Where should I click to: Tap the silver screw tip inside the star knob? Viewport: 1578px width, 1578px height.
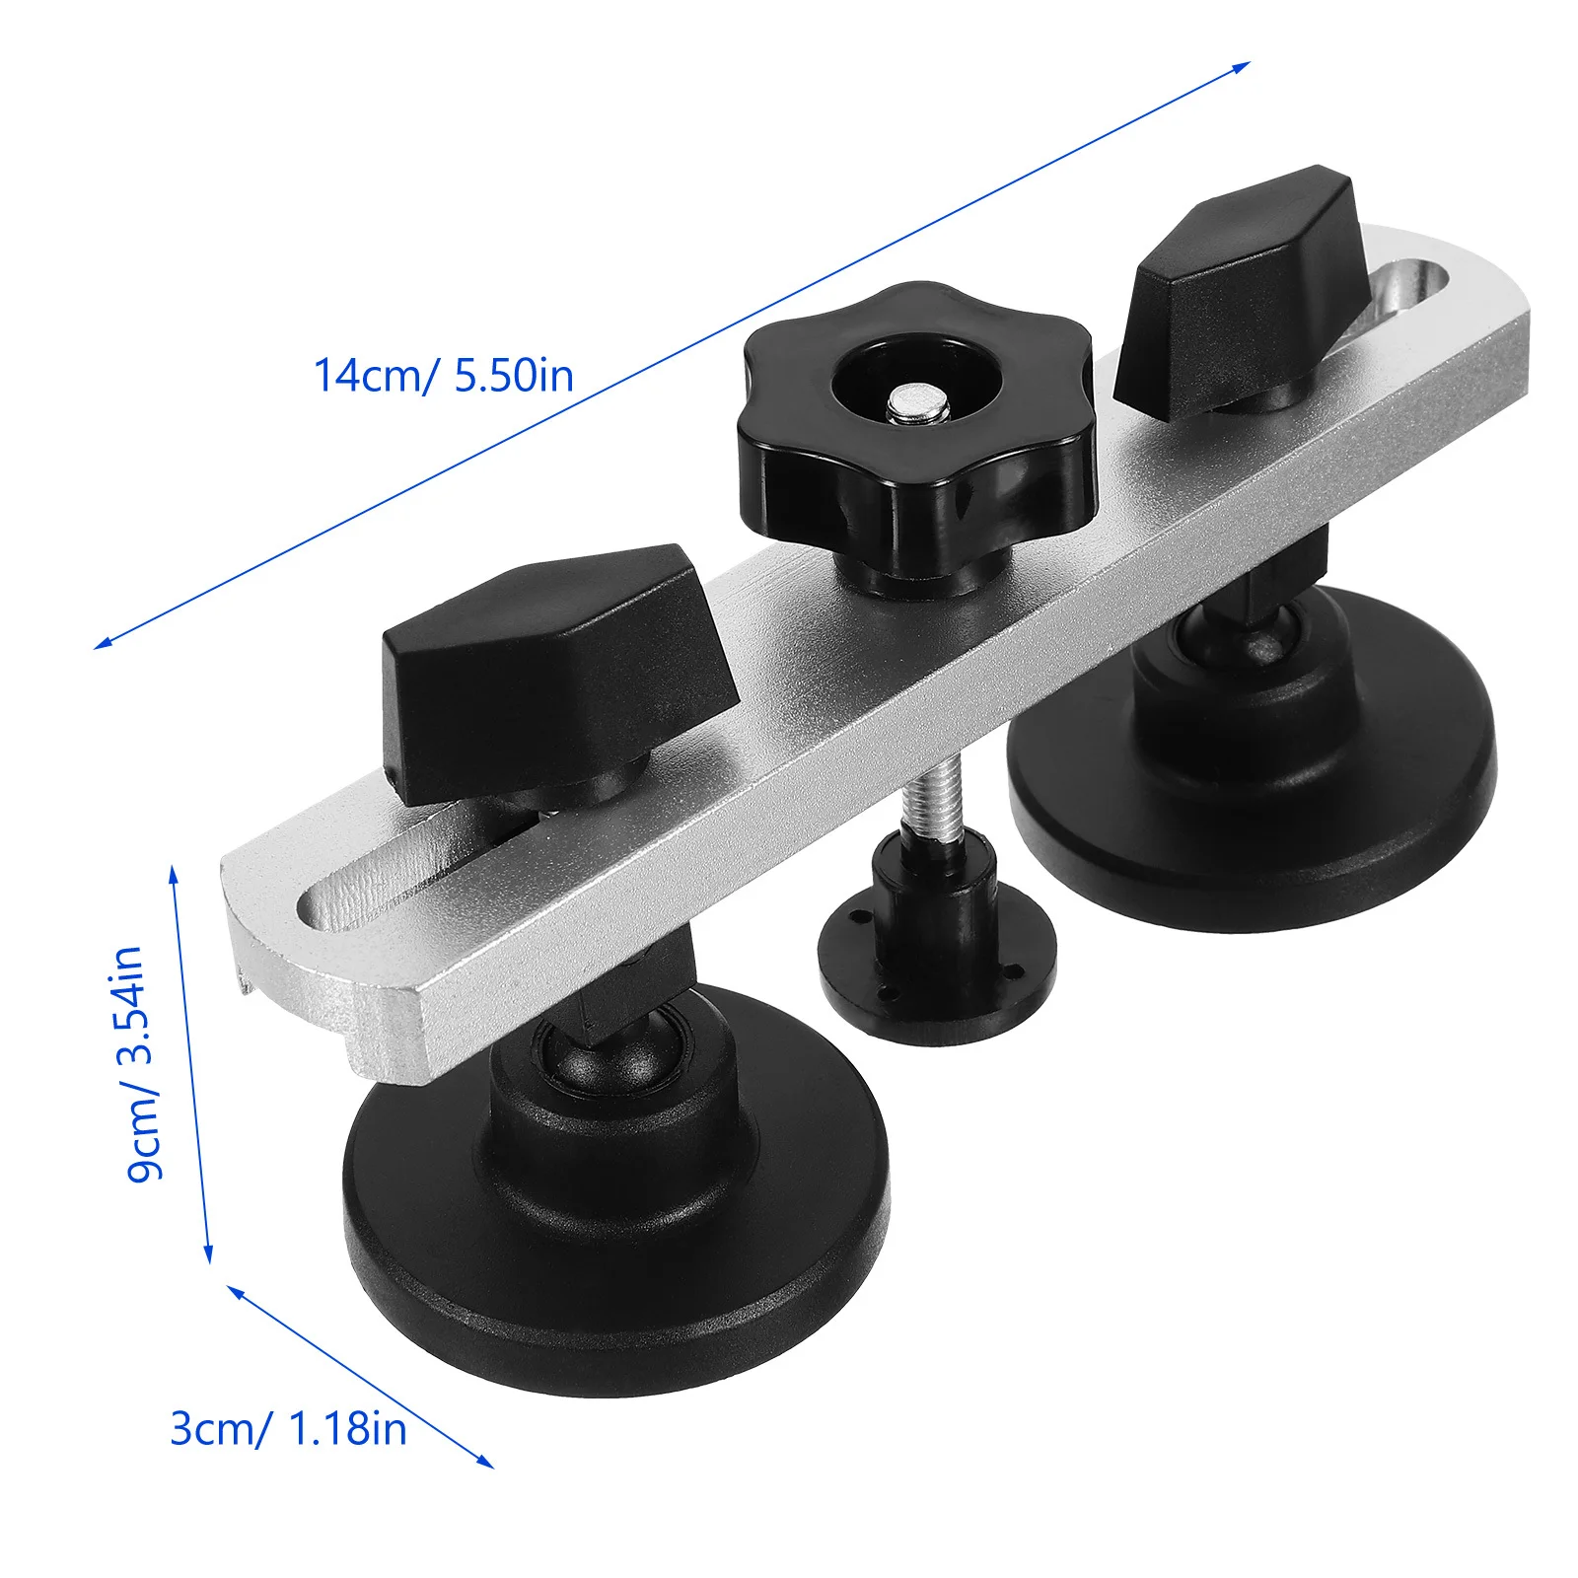point(917,404)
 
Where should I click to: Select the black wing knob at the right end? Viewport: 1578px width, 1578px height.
point(1245,293)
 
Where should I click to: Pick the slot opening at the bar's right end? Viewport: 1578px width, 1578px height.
point(1400,296)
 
